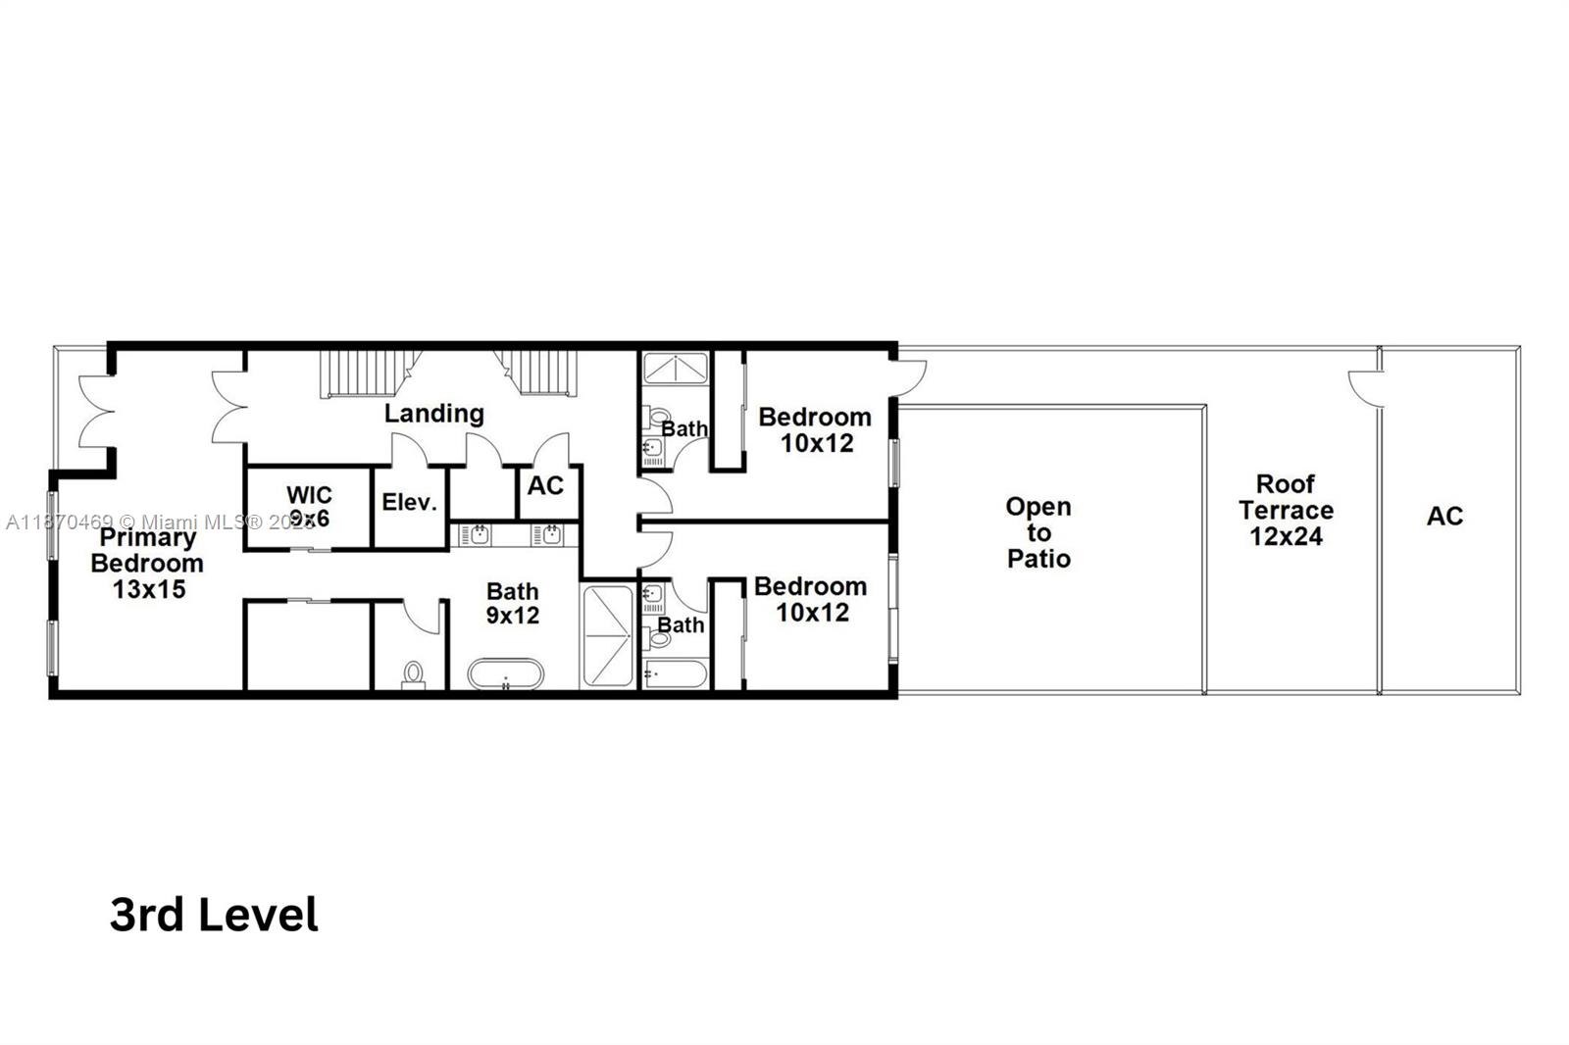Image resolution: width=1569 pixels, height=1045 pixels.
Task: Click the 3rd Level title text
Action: point(214,915)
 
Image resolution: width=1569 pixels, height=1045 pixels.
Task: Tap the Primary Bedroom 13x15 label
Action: point(147,563)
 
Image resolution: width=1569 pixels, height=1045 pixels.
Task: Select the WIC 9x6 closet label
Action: point(309,506)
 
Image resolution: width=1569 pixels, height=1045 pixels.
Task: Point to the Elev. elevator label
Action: point(409,503)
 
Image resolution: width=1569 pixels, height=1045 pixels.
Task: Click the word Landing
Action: point(433,413)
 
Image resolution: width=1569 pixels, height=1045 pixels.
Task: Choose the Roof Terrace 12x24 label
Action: point(1286,510)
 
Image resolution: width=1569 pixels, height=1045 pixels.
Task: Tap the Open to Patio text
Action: point(1038,532)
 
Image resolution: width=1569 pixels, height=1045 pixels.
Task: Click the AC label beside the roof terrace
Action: point(1444,516)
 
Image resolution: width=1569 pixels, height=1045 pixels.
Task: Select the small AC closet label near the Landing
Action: point(545,485)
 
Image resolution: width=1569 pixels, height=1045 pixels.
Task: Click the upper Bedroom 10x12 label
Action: point(815,429)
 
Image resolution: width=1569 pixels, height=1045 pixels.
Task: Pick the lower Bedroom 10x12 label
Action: point(811,599)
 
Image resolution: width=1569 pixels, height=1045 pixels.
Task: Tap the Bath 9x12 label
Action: point(513,603)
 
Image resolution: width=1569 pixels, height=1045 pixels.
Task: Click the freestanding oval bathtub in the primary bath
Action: point(505,674)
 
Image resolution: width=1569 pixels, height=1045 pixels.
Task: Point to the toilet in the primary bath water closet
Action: point(413,674)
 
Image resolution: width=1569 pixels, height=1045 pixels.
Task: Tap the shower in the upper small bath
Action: point(675,368)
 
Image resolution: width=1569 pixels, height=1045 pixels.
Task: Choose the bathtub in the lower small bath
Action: point(675,674)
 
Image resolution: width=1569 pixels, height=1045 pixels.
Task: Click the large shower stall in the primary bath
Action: point(608,635)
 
